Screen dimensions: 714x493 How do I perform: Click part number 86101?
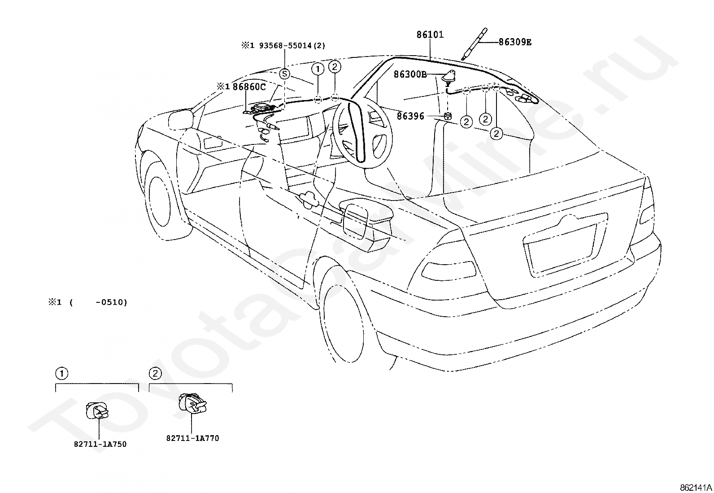pyautogui.click(x=430, y=35)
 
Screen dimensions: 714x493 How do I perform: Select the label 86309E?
pyautogui.click(x=515, y=42)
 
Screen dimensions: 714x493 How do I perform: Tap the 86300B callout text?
pyautogui.click(x=410, y=74)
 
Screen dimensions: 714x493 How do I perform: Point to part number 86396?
pyautogui.click(x=410, y=116)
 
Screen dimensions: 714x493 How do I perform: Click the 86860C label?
pyautogui.click(x=249, y=87)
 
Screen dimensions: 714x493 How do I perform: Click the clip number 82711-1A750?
pyautogui.click(x=100, y=444)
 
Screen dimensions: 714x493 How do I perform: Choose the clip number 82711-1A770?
pyautogui.click(x=192, y=438)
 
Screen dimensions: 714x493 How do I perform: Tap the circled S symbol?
pyautogui.click(x=284, y=74)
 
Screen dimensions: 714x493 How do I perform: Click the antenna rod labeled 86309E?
pyautogui.click(x=475, y=44)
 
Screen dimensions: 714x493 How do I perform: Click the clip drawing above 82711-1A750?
pyautogui.click(x=97, y=411)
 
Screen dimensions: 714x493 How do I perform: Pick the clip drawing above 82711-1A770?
pyautogui.click(x=192, y=404)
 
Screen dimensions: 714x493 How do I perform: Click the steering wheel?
pyautogui.click(x=362, y=132)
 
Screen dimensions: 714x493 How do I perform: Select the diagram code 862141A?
pyautogui.click(x=695, y=488)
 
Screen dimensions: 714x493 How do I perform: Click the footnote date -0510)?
pyautogui.click(x=112, y=302)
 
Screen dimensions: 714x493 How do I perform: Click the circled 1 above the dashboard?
pyautogui.click(x=318, y=69)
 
